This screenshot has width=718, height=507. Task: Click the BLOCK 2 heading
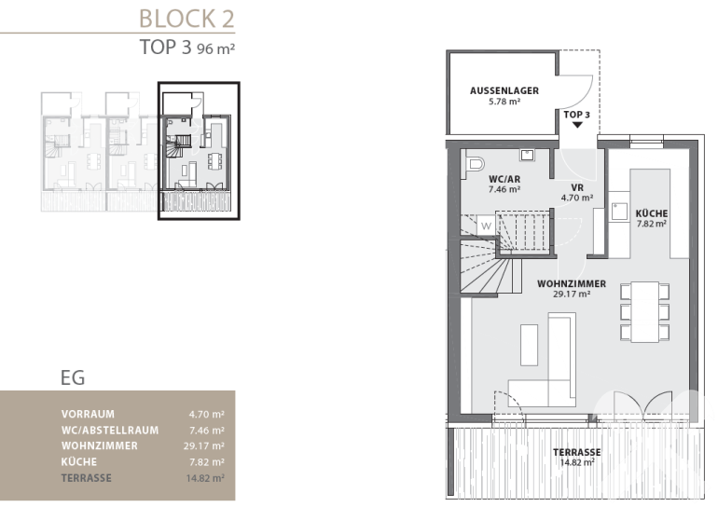pos(186,19)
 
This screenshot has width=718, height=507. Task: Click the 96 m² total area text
pos(215,48)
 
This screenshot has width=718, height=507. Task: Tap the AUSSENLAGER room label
pos(504,90)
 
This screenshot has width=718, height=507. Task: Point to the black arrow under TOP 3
pos(577,125)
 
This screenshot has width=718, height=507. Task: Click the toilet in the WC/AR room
pos(475,164)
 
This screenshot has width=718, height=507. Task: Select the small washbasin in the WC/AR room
pos(527,155)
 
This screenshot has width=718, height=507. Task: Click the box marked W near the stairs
pos(487,226)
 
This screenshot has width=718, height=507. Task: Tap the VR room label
pos(577,187)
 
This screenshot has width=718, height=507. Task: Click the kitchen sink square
pos(620,212)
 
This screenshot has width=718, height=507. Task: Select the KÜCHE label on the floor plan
pos(652,213)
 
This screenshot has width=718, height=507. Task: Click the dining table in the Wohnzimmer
pos(644,312)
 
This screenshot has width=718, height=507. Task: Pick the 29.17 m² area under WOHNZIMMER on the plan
pos(572,295)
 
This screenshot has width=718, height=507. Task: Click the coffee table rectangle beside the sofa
pos(529,345)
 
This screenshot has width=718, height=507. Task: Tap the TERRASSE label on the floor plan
pos(577,452)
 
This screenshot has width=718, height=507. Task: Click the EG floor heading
pos(73,378)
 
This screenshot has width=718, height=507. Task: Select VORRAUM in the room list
pos(88,414)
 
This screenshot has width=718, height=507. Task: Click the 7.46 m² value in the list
pos(207,431)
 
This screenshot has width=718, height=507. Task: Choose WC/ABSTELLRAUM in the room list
pos(110,431)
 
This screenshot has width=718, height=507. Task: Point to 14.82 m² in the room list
pos(205,479)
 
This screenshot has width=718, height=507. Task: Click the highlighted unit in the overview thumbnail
pos(199,151)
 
